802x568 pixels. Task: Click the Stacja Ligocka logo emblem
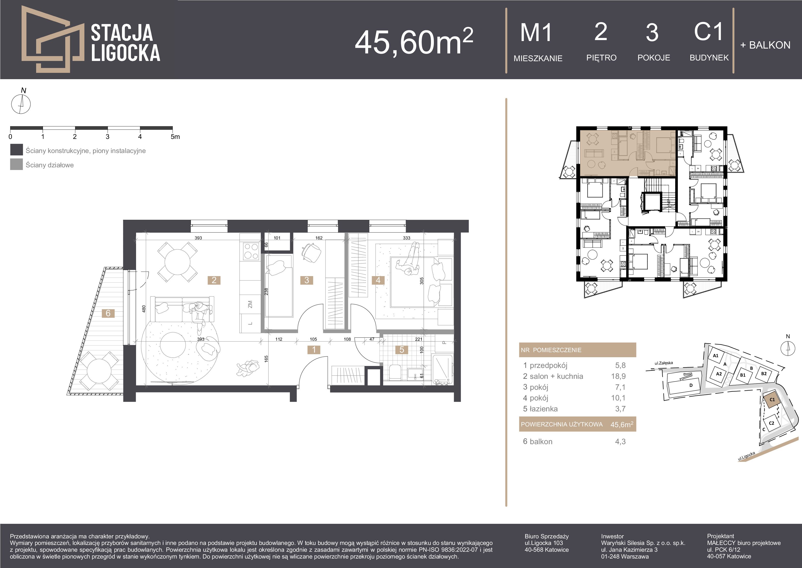pyautogui.click(x=52, y=39)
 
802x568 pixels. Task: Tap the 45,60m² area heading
pyautogui.click(x=414, y=41)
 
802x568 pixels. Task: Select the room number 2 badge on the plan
pyautogui.click(x=214, y=280)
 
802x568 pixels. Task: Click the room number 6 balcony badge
pyautogui.click(x=108, y=313)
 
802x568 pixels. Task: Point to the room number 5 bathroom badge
pyautogui.click(x=402, y=349)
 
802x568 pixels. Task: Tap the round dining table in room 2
pyautogui.click(x=178, y=262)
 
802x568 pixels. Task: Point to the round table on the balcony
pyautogui.click(x=99, y=371)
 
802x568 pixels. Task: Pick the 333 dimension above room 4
pyautogui.click(x=407, y=238)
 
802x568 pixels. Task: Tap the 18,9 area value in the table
pyautogui.click(x=620, y=376)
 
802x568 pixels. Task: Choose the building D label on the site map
pyautogui.click(x=691, y=385)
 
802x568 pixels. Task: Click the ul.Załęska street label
pyautogui.click(x=664, y=363)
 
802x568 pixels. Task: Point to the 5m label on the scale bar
pyautogui.click(x=175, y=137)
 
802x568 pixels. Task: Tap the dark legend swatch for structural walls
pyautogui.click(x=16, y=150)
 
